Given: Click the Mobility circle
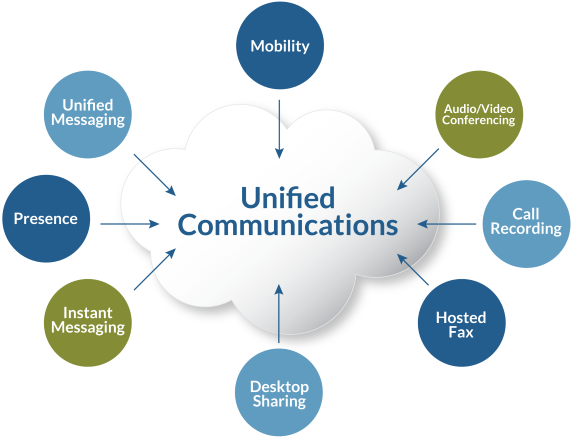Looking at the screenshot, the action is pyautogui.click(x=280, y=45).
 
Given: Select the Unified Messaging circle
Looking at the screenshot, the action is pyautogui.click(x=88, y=114).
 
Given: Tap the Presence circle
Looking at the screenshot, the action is pyautogui.click(x=46, y=218).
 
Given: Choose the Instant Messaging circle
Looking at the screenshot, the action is pyautogui.click(x=88, y=323).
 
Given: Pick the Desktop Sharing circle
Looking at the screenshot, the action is pyautogui.click(x=279, y=393).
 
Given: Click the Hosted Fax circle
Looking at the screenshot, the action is pyautogui.click(x=462, y=323).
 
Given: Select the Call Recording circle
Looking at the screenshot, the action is pyautogui.click(x=527, y=224).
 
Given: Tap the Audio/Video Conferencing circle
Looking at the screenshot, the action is pyautogui.click(x=479, y=114).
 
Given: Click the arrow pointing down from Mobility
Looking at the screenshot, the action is pyautogui.click(x=279, y=129).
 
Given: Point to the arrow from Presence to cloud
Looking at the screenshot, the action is pyautogui.click(x=130, y=224).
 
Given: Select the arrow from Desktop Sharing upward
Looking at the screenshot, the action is pyautogui.click(x=279, y=314).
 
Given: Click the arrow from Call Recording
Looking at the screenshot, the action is pyautogui.click(x=447, y=224).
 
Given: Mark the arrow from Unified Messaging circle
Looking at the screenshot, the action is pyautogui.click(x=155, y=175).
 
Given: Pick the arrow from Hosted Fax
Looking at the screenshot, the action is pyautogui.click(x=413, y=269).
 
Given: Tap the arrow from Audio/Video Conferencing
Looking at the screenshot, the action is pyautogui.click(x=418, y=169).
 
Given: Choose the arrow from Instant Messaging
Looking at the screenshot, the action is pyautogui.click(x=155, y=269).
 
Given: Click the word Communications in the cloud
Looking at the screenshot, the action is pyautogui.click(x=288, y=225).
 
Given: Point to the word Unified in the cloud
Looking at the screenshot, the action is pyautogui.click(x=288, y=197).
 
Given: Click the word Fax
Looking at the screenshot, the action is pyautogui.click(x=461, y=332).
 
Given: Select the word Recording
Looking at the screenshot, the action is pyautogui.click(x=526, y=229).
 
